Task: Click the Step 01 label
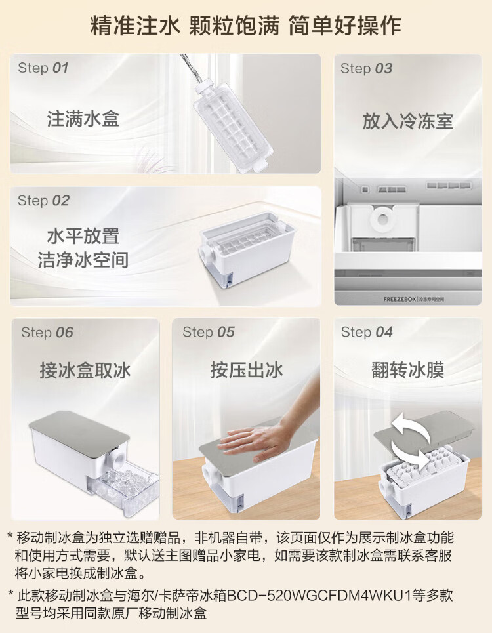tap(43, 68)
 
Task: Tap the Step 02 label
tap(43, 201)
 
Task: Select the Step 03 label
tap(366, 69)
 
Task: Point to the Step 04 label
tap(367, 332)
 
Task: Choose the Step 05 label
tap(208, 332)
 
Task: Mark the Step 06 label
tap(47, 333)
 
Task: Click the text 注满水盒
tap(83, 119)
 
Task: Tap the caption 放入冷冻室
tap(407, 121)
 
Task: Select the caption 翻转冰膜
tap(407, 370)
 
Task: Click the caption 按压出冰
tap(247, 370)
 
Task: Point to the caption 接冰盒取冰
tap(85, 370)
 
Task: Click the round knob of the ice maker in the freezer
tap(381, 218)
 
